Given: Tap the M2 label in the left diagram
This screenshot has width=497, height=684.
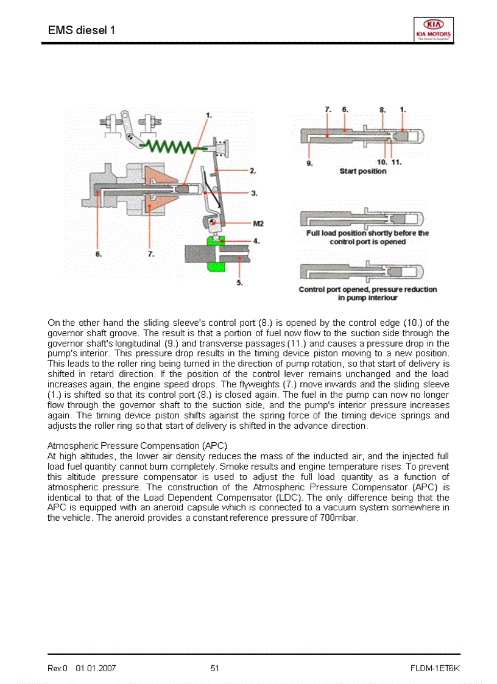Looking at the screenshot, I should coord(258,224).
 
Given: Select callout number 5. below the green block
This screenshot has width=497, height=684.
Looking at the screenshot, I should coord(239,282).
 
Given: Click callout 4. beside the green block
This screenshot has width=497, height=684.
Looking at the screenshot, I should coord(256,241).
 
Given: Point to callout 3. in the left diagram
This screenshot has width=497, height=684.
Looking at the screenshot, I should coord(253,193).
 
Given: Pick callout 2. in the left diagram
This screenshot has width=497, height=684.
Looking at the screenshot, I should coord(252,171).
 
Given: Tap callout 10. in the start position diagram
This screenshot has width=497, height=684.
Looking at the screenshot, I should coord(382,162).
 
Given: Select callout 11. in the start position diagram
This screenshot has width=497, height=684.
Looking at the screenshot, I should coord(396,162).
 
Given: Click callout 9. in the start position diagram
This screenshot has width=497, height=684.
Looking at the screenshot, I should coord(310,163).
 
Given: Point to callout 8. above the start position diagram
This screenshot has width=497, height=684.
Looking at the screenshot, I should coord(382,110).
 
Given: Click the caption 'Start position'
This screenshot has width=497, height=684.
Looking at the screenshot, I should coord(363,171).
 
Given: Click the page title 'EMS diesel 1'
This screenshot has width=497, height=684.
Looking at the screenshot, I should coord(81,30).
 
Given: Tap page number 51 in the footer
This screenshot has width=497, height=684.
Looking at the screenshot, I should coord(214,668).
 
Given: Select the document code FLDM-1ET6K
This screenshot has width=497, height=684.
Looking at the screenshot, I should coord(435,668).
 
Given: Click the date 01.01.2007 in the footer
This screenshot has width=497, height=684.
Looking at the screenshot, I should coord(96,668).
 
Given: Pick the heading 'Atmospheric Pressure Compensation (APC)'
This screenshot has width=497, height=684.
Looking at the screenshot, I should coord(137,445).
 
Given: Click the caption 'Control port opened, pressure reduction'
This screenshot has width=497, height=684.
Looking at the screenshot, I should coord(368,289).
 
